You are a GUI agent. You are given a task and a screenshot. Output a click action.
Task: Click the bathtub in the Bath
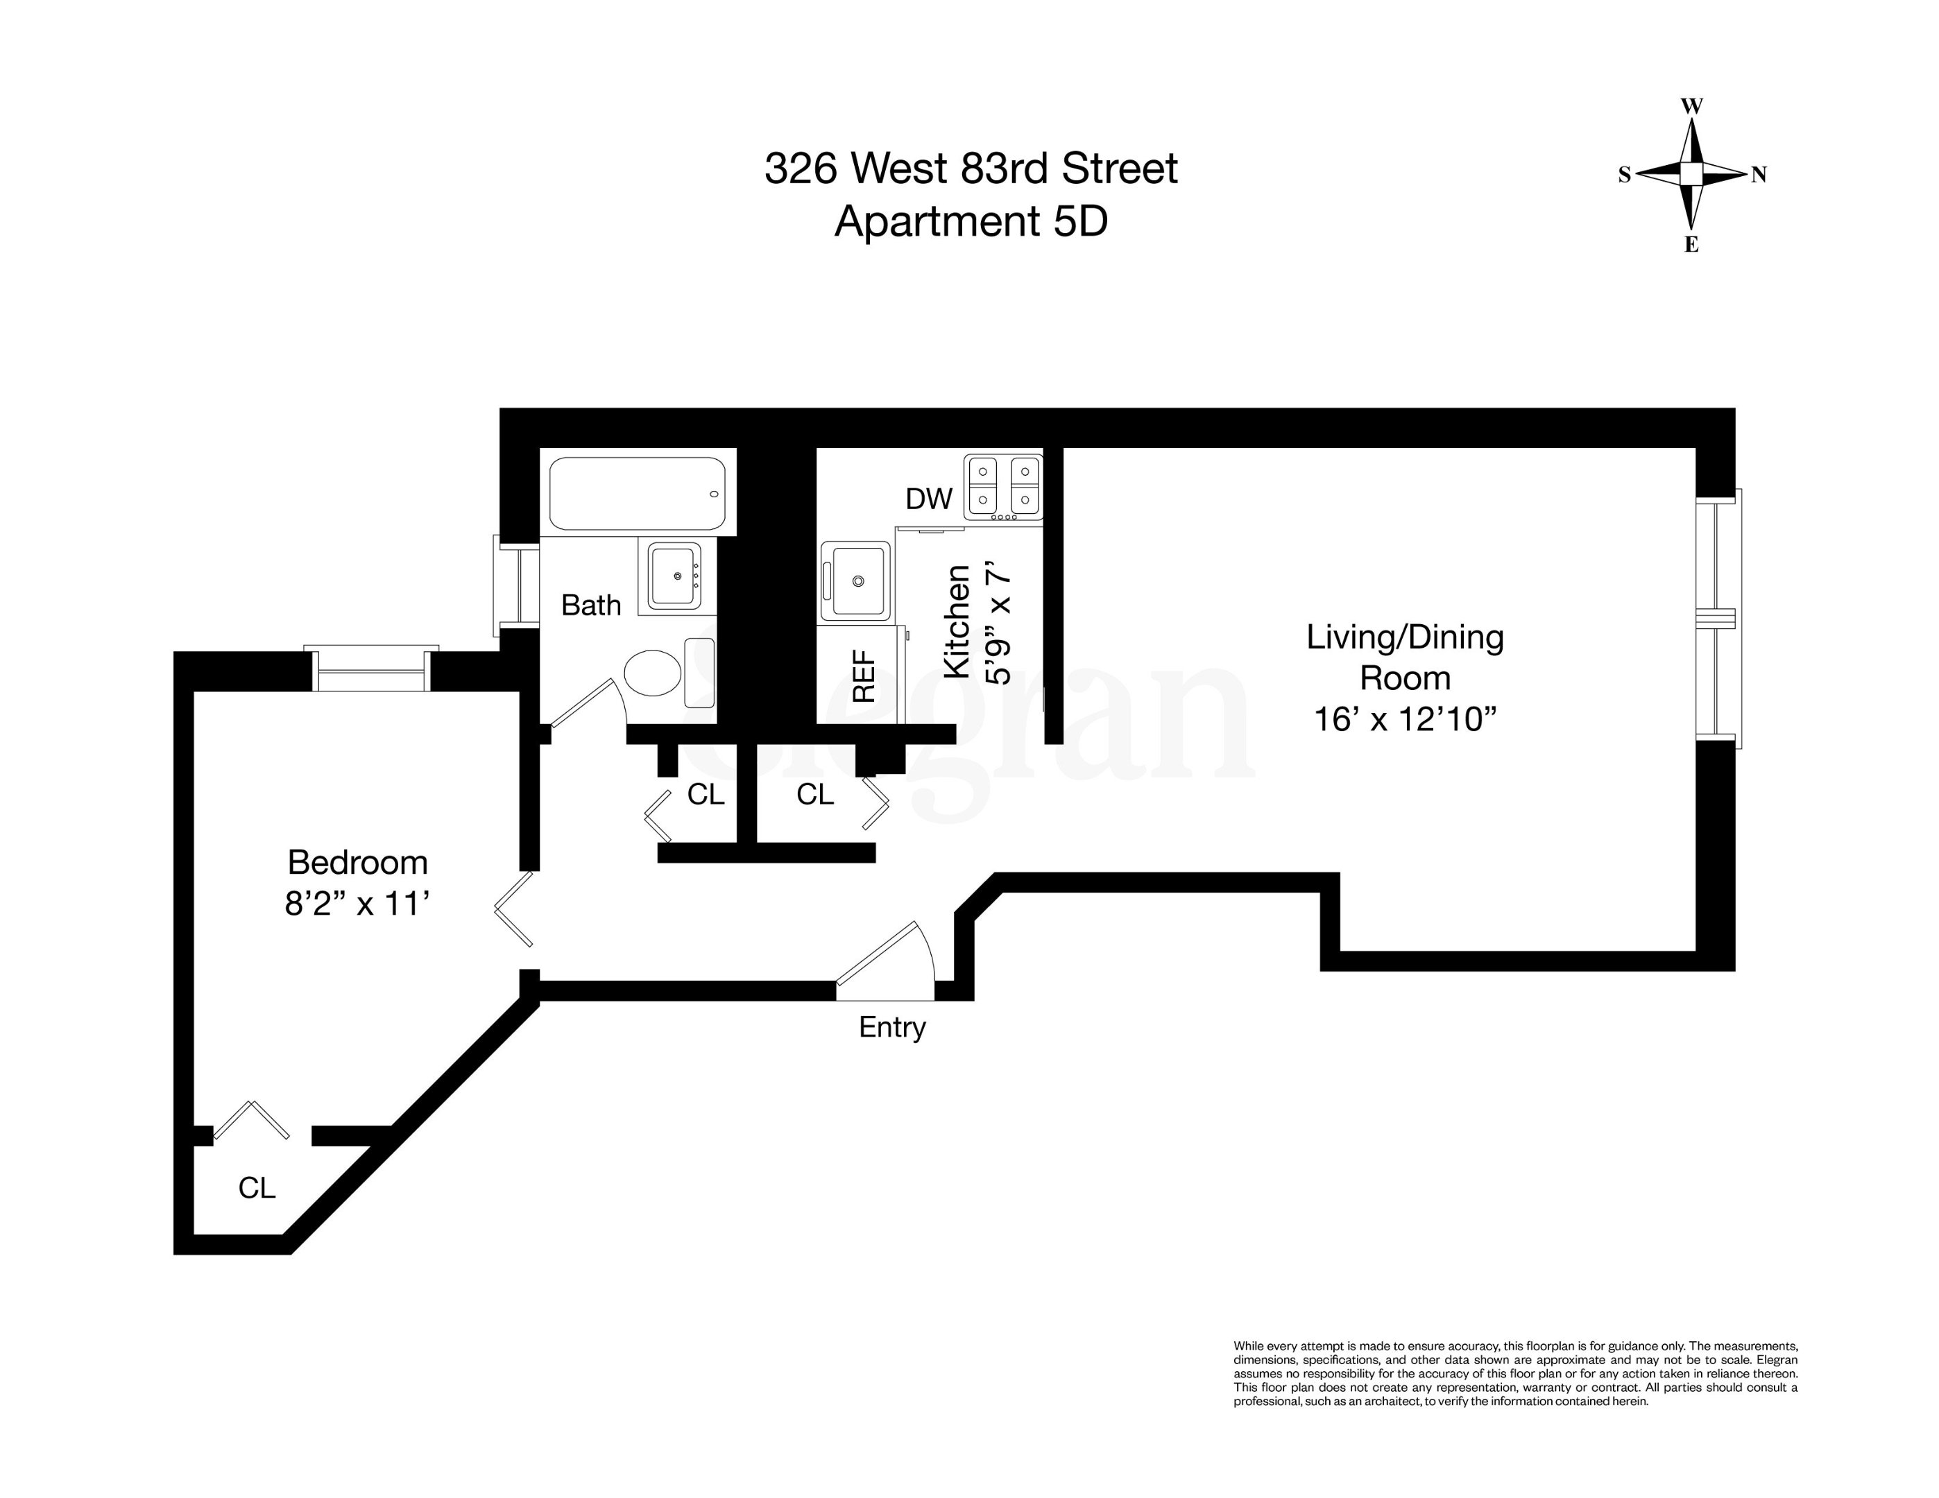click(x=638, y=493)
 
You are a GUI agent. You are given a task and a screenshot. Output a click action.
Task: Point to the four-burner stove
click(x=1003, y=488)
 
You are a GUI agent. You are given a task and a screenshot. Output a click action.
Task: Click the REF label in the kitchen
click(x=864, y=676)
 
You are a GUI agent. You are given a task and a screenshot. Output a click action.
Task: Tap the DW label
click(x=929, y=499)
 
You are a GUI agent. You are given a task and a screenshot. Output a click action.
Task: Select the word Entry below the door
click(x=892, y=1028)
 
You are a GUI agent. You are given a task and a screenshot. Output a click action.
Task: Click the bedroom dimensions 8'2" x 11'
click(x=358, y=904)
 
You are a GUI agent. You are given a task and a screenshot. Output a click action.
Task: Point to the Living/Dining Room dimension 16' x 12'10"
click(x=1405, y=718)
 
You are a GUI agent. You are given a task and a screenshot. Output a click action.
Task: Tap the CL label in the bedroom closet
click(x=257, y=1187)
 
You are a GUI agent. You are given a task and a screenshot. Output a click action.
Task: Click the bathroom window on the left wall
click(x=518, y=586)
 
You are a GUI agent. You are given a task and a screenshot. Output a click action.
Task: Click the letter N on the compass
click(x=1758, y=175)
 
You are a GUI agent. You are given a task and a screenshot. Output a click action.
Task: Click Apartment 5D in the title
click(x=971, y=221)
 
